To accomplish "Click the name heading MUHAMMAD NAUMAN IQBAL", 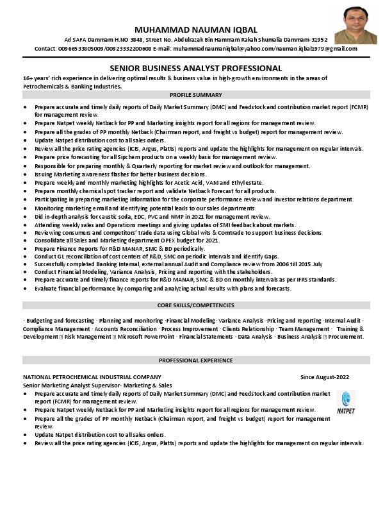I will [x=196, y=30].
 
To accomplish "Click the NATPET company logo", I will [x=347, y=403].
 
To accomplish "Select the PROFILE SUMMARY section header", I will [x=196, y=94].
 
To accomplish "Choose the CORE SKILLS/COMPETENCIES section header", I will [x=196, y=305].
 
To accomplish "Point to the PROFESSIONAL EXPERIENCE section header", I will [x=196, y=360].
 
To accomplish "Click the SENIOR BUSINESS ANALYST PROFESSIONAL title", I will [x=196, y=67].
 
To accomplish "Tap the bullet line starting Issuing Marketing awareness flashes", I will [x=121, y=174].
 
